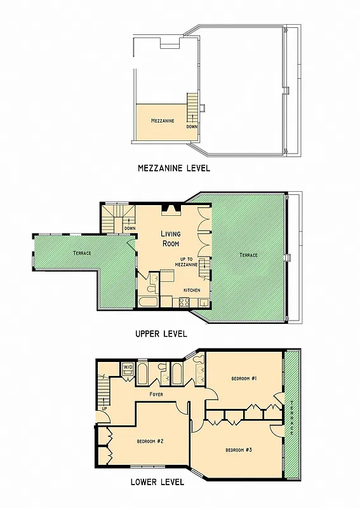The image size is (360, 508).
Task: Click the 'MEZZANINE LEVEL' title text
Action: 173,169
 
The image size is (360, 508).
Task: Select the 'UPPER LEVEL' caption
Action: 161,333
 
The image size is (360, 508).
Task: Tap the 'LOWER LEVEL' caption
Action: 157,482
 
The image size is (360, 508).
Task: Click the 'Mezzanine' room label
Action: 163,120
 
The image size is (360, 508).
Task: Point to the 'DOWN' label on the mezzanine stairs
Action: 192,126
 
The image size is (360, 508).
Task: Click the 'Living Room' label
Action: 170,238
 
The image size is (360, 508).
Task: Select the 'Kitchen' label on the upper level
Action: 192,290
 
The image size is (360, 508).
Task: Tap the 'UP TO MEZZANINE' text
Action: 190,262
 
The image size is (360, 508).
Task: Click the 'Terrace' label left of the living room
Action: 81,253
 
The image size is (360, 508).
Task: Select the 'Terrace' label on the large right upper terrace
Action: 248,255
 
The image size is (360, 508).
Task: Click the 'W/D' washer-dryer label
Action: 127,367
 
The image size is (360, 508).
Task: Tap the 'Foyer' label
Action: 156,394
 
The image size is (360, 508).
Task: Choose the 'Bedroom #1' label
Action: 244,378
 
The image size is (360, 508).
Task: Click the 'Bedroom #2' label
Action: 151,441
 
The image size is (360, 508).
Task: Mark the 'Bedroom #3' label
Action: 239,450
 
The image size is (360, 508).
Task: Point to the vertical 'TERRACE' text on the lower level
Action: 292,419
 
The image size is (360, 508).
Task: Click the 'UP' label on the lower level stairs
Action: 104,408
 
